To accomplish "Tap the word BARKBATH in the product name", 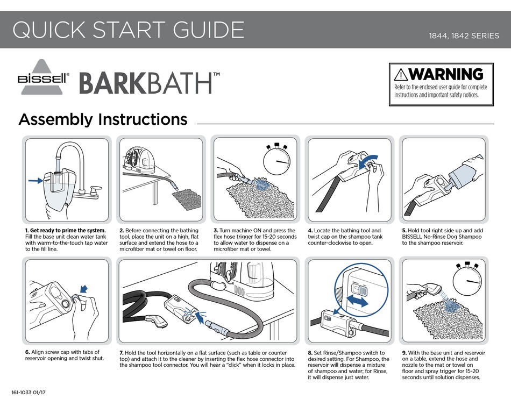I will [145, 83].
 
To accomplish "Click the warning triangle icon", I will [401, 74].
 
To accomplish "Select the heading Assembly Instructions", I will [103, 119].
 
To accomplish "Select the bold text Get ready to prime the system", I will [68, 231].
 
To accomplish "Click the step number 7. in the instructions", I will [122, 352].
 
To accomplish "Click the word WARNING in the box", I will [446, 74].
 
